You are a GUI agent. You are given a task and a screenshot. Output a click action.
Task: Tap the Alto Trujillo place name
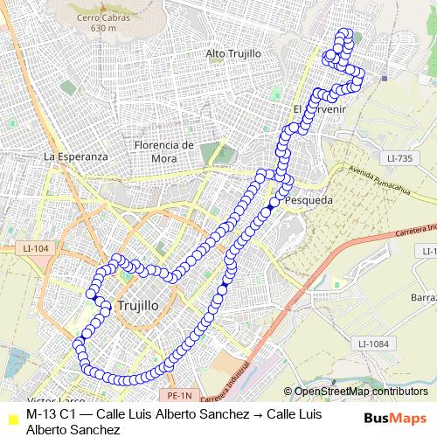[x=233, y=53]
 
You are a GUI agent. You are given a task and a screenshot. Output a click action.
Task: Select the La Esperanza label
[x=75, y=156]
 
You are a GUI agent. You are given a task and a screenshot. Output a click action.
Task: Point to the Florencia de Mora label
[x=163, y=151]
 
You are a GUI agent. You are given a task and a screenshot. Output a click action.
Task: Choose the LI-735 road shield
[x=398, y=158]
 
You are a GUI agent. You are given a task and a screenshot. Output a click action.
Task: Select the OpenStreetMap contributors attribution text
[x=361, y=392]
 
